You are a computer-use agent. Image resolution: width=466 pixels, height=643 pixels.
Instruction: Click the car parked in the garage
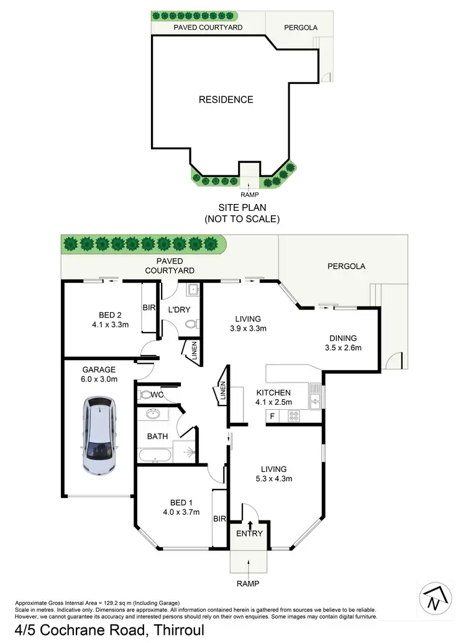(98, 437)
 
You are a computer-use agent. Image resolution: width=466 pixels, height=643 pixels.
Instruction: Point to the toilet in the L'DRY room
(194, 324)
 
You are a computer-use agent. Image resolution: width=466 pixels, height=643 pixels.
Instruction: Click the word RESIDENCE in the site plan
(226, 99)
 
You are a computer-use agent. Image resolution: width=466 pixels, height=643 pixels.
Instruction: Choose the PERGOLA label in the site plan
(301, 28)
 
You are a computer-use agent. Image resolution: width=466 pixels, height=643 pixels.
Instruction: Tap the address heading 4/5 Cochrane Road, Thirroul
(102, 629)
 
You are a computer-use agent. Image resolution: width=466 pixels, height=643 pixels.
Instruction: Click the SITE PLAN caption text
(242, 213)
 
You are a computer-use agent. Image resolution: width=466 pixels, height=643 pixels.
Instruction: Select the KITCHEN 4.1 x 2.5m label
(274, 397)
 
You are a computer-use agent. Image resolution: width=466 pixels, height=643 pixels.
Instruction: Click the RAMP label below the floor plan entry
(249, 584)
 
